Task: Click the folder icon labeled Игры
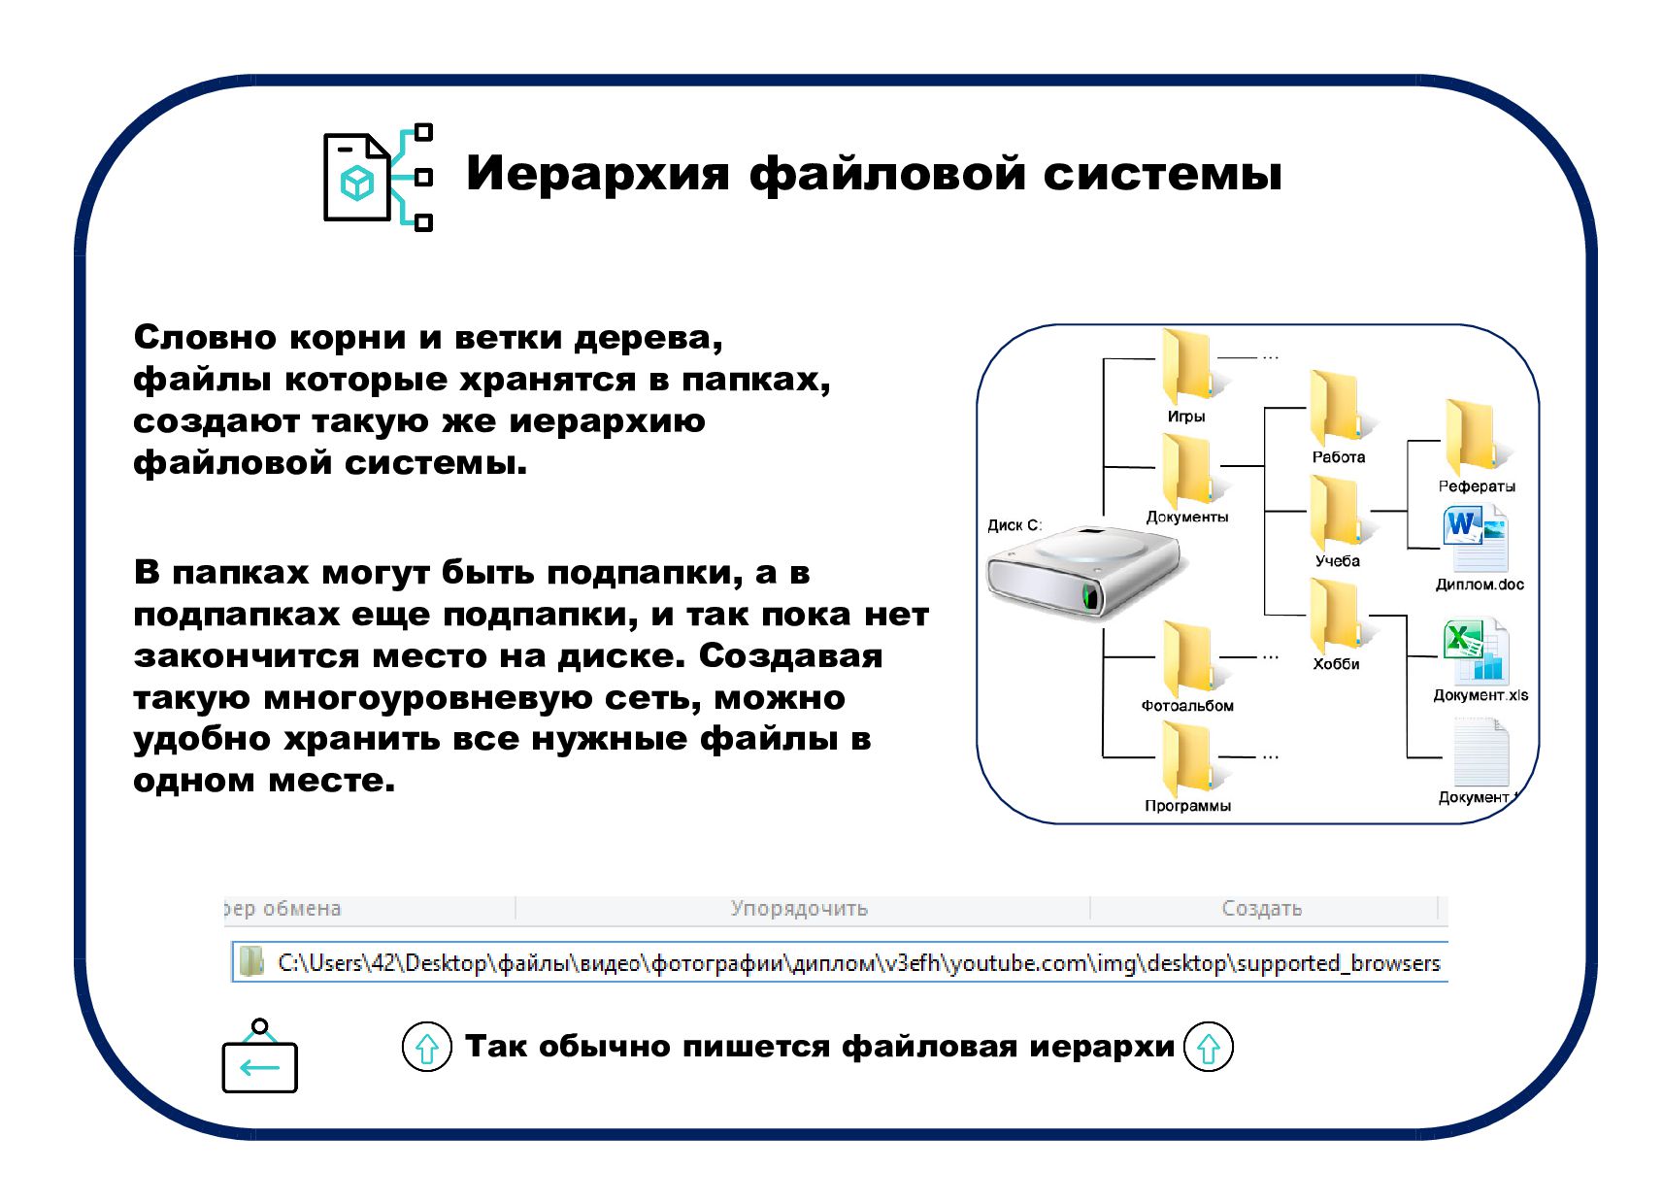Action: tap(1187, 367)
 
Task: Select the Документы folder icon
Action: tap(1187, 470)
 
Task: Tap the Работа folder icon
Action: tap(1336, 408)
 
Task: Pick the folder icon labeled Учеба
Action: tap(1336, 512)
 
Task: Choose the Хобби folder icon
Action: tap(1336, 616)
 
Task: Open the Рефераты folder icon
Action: tap(1472, 436)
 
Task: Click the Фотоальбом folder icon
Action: tap(1187, 658)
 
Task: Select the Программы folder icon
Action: tap(1187, 759)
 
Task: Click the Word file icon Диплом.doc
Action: tap(1477, 539)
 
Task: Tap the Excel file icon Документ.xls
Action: tap(1477, 651)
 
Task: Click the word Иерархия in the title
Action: tap(597, 175)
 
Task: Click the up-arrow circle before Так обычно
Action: tap(427, 1047)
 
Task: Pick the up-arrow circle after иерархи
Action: tap(1209, 1047)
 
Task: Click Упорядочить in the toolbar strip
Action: tap(799, 909)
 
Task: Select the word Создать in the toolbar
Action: tap(1261, 909)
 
